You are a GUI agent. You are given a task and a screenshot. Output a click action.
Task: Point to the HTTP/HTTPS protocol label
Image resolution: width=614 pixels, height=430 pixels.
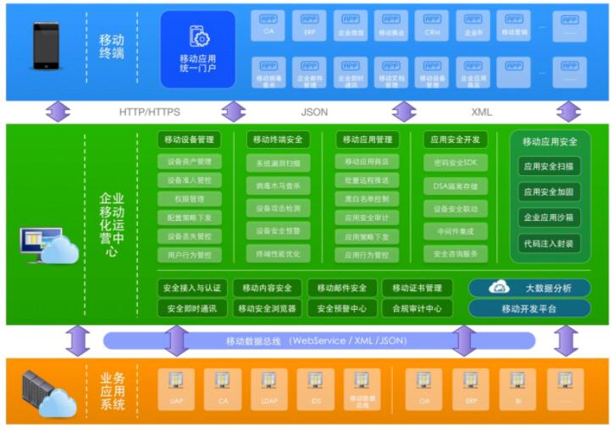click(149, 111)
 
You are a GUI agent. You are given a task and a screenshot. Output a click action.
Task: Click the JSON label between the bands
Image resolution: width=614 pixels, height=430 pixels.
click(314, 111)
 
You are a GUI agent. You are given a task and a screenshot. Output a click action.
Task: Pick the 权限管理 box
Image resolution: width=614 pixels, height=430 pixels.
click(189, 199)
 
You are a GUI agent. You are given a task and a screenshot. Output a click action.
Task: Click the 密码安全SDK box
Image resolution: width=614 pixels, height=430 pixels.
click(456, 162)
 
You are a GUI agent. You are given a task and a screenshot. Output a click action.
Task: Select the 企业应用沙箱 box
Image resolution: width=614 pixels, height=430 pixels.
click(550, 218)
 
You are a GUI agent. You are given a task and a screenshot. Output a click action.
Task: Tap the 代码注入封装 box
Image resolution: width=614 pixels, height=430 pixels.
click(550, 243)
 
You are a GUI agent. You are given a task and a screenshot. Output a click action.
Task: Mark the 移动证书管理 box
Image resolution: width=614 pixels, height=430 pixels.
click(417, 288)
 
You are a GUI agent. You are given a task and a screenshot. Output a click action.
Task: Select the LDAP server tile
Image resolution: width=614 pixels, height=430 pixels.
click(268, 389)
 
